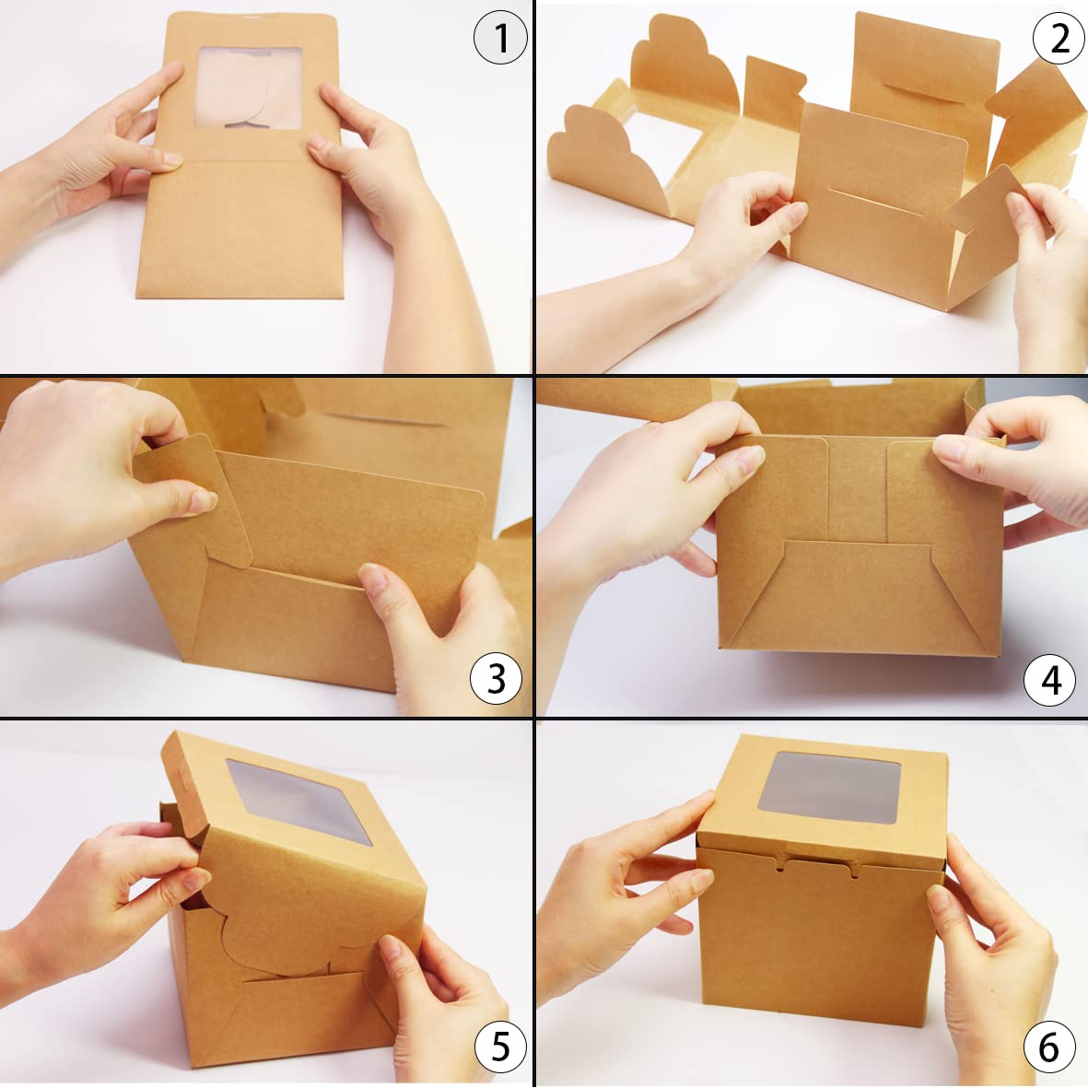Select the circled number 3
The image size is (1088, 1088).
[x=497, y=678]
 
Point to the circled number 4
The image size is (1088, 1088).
[x=1050, y=680]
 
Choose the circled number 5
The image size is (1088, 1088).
[x=500, y=1047]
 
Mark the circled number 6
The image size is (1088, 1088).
[x=1048, y=1047]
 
